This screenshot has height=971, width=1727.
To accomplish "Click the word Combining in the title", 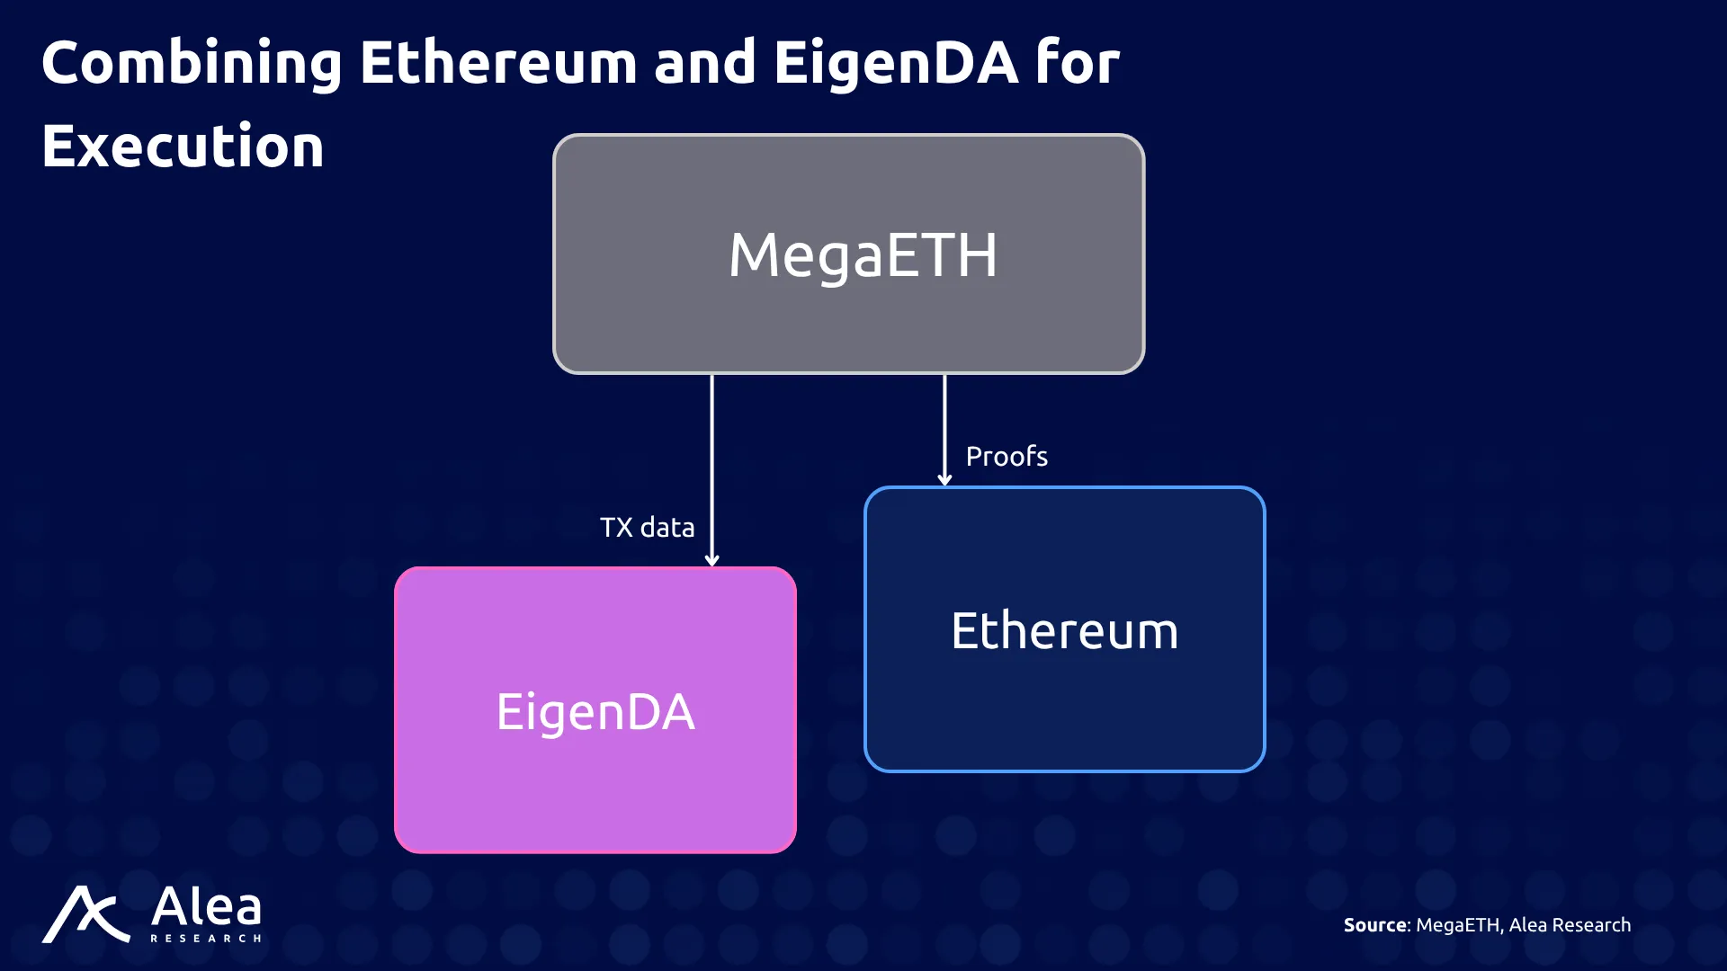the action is click(x=192, y=64).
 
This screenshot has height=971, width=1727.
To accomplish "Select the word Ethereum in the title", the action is click(x=498, y=63).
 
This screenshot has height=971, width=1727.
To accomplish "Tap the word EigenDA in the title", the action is click(x=896, y=64).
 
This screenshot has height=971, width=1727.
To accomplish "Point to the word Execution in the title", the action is click(x=183, y=146).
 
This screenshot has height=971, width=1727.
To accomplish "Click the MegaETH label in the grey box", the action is click(x=863, y=255).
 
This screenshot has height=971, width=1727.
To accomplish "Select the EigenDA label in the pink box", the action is click(x=595, y=712).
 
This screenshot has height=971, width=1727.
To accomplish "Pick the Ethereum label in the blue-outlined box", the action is click(x=1064, y=630).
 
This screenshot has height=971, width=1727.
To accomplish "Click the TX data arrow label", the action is click(x=647, y=527).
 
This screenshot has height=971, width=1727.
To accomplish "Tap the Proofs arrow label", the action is click(x=1007, y=456).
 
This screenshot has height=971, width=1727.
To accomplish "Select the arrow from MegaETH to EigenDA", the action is click(x=711, y=470).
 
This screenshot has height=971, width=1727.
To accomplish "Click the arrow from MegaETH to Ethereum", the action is click(x=944, y=430).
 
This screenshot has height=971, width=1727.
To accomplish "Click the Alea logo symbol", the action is click(x=85, y=914).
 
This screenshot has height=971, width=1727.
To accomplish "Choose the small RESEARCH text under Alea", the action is click(x=206, y=939).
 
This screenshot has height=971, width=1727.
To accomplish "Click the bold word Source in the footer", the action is click(x=1375, y=925).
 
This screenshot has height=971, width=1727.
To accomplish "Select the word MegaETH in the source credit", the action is click(x=1457, y=925).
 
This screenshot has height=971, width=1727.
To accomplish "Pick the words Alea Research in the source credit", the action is click(x=1570, y=925).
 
